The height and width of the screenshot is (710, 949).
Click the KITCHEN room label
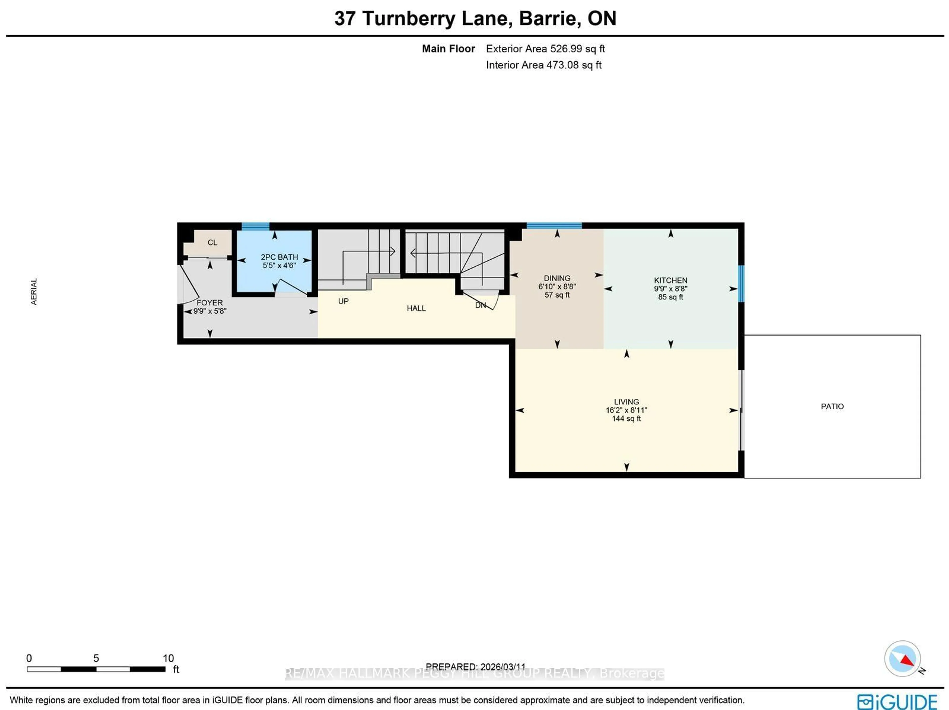click(x=670, y=280)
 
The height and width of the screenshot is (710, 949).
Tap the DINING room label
click(x=557, y=278)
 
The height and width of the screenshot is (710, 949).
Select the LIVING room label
click(x=626, y=402)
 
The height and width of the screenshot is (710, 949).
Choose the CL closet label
click(x=212, y=243)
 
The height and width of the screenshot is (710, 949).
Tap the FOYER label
click(x=210, y=303)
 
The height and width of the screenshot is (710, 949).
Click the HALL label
click(x=416, y=308)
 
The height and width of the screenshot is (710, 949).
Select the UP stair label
click(x=343, y=301)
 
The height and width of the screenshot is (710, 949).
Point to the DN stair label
click(x=480, y=305)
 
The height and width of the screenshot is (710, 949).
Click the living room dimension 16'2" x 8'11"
click(x=626, y=410)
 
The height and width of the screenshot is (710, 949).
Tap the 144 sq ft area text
click(x=626, y=418)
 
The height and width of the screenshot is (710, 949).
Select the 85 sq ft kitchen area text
click(x=670, y=297)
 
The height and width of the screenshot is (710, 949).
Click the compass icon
click(x=902, y=658)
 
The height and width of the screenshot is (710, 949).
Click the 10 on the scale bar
click(x=168, y=658)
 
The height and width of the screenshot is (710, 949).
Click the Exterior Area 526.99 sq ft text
click(x=545, y=49)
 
